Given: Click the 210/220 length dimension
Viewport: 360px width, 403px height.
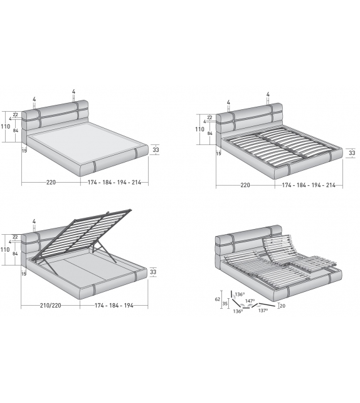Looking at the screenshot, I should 51,306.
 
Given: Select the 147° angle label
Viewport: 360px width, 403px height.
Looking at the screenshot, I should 249,301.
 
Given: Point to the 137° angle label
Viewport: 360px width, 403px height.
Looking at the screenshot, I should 262,310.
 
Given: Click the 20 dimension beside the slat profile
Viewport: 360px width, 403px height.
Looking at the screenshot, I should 282,306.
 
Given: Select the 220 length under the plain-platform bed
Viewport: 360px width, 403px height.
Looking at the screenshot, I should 51,183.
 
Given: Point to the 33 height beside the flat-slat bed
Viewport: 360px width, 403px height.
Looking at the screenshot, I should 351,153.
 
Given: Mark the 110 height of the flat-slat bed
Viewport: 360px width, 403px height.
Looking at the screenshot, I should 199,130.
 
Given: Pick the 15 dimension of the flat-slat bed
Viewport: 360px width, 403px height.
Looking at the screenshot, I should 219,153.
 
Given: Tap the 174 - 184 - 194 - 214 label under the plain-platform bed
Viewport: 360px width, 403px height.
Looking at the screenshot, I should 114,183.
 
